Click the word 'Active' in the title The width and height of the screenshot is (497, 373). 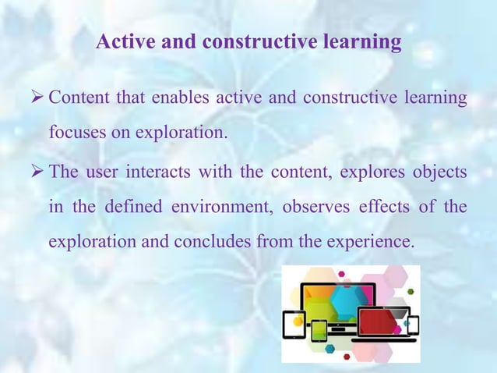125,41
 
